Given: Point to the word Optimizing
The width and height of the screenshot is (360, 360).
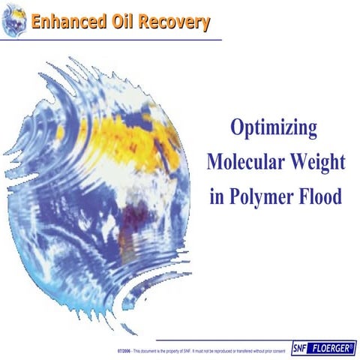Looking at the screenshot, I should point(274,128).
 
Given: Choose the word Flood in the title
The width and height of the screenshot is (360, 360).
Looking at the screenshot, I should point(322,196).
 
